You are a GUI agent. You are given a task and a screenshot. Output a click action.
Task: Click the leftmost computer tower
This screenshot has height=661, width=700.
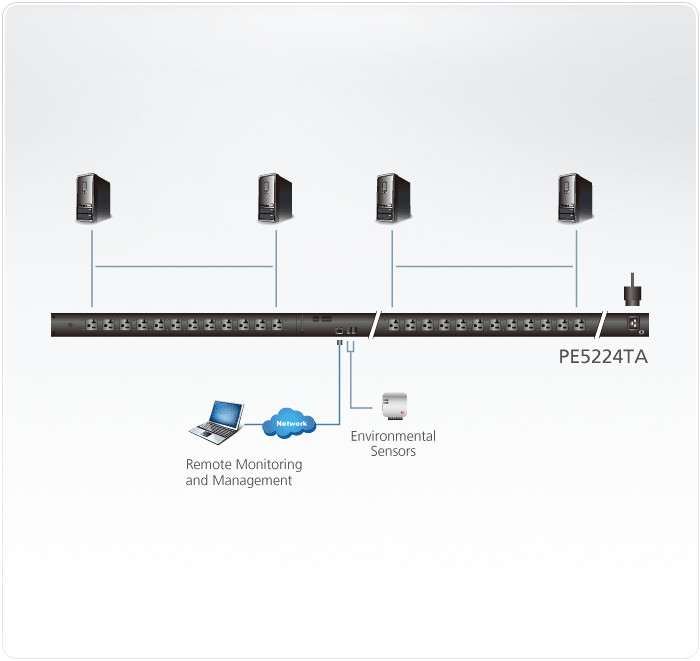click(93, 198)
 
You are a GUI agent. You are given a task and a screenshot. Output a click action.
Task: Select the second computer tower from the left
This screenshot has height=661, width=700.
click(274, 198)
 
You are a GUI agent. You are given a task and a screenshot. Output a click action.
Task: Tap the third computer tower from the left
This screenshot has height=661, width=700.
click(393, 198)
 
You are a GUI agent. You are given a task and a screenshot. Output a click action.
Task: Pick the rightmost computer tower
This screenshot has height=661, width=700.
click(575, 198)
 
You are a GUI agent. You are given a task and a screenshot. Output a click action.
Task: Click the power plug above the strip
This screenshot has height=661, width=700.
click(631, 290)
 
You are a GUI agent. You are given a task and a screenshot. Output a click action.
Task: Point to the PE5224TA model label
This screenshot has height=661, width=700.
click(603, 355)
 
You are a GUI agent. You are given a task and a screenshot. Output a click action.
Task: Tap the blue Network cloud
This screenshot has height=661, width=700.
click(290, 424)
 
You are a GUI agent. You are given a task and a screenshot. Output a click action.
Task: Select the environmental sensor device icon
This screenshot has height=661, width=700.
click(393, 405)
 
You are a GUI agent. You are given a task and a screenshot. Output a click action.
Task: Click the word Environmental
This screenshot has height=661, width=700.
click(393, 436)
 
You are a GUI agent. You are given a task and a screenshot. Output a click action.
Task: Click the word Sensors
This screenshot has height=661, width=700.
click(393, 451)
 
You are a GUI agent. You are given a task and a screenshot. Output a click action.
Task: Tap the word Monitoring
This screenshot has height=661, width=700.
click(269, 465)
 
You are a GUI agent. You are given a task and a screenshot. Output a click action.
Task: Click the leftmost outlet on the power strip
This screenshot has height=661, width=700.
click(90, 325)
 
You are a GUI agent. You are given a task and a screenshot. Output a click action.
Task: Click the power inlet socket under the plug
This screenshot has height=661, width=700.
click(632, 322)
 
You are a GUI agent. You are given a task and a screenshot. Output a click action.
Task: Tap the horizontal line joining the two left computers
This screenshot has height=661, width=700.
click(183, 266)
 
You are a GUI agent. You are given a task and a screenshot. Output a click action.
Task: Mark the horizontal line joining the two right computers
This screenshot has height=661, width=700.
click(484, 266)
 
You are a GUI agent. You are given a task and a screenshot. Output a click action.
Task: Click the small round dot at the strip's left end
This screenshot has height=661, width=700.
click(68, 325)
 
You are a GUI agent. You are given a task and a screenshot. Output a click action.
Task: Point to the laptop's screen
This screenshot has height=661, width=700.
click(225, 413)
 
